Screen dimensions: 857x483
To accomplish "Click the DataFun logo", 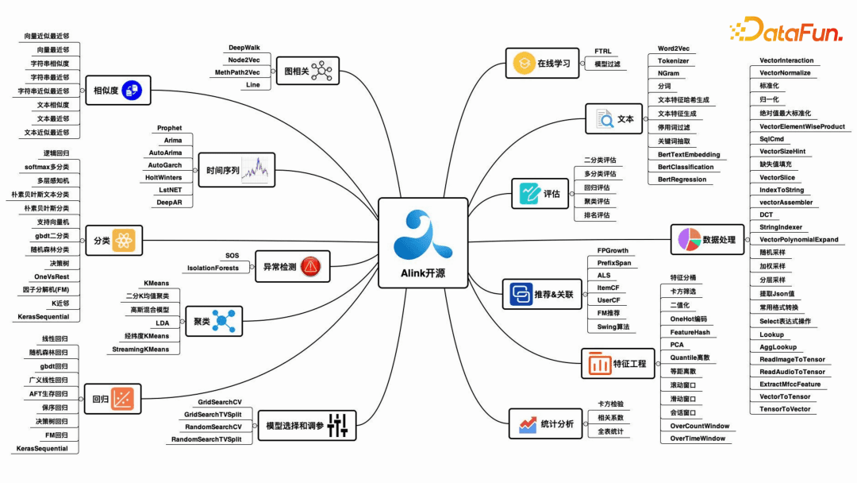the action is [786, 29].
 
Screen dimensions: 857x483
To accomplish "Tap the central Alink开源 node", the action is [423, 243].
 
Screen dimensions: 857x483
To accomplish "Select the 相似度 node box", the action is [118, 91].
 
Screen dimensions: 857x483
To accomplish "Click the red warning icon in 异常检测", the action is [310, 266].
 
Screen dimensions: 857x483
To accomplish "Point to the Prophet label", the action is [170, 128].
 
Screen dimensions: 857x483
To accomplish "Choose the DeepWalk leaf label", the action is [244, 48].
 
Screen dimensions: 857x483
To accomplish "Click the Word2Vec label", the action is [674, 48].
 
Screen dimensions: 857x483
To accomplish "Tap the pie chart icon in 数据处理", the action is [690, 240].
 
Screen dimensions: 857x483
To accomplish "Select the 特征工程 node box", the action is [617, 363].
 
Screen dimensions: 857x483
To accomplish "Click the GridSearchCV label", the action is [220, 402].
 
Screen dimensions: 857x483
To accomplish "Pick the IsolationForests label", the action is [213, 268].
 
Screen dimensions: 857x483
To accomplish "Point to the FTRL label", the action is [603, 51].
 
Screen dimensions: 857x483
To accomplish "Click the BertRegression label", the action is [682, 180].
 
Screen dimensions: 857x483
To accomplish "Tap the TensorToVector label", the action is [785, 409].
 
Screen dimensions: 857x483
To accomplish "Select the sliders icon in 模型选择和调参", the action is [338, 425].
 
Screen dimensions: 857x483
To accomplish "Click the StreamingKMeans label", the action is [140, 350].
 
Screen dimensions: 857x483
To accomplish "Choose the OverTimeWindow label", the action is [698, 439].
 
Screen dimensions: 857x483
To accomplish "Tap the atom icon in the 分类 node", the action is [124, 240].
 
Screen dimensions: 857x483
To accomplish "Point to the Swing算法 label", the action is [613, 327].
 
